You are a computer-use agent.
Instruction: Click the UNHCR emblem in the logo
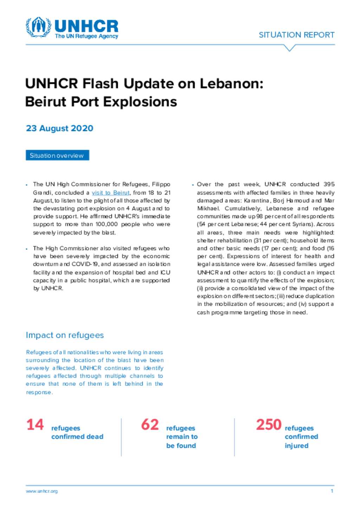pos(38,27)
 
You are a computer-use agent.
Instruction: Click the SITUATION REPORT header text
pos(296,35)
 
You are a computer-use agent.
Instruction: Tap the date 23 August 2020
pos(59,128)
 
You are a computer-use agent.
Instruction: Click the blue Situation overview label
pos(57,155)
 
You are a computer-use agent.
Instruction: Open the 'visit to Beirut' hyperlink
pos(110,192)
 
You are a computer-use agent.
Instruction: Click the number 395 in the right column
pos(329,184)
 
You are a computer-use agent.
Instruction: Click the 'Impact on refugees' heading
pos(65,335)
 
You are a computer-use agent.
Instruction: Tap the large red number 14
pos(35,425)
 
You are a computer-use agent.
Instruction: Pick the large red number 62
pos(150,425)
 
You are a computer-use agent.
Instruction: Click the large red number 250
pos(269,425)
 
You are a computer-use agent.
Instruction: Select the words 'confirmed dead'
pos(77,437)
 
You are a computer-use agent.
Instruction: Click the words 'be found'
pos(181,445)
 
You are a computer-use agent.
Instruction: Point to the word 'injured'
pos(296,445)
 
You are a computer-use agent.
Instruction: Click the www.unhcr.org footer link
pos(41,491)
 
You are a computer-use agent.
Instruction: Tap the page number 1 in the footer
pos(332,491)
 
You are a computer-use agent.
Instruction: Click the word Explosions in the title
pos(140,102)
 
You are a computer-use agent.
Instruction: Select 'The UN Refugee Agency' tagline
pos(86,36)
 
